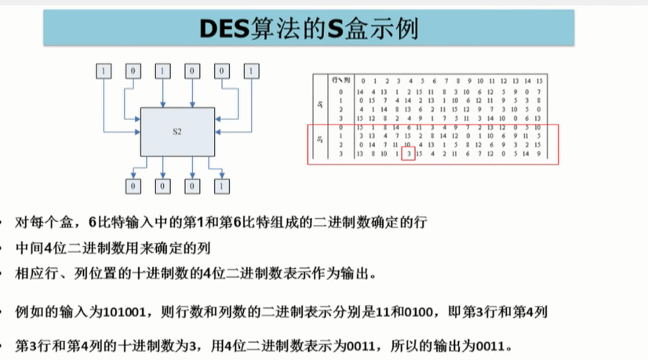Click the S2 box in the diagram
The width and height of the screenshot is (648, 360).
[177, 130]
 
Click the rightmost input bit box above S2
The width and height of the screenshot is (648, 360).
[250, 71]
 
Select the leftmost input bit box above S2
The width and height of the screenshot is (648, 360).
[104, 71]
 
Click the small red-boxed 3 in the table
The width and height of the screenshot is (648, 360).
[407, 154]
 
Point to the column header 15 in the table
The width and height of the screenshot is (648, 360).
[539, 80]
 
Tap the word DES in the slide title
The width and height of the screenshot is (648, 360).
[222, 29]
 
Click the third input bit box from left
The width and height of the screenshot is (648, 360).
[162, 71]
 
